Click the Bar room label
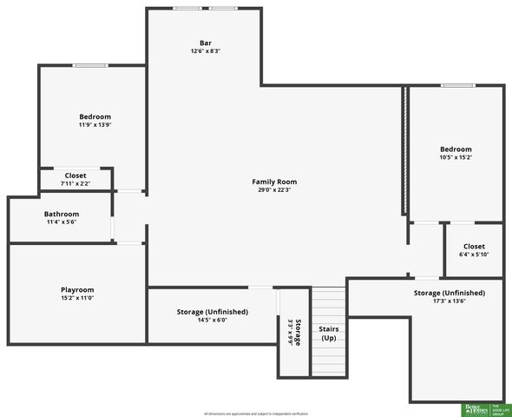tap(206, 43)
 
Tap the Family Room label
tap(274, 182)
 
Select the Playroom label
tap(77, 289)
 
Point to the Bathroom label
tap(62, 214)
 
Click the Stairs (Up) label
tap(329, 333)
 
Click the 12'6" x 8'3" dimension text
tap(206, 51)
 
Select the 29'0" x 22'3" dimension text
tap(274, 189)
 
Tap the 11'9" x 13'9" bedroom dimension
tap(95, 124)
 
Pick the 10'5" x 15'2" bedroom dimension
tap(456, 157)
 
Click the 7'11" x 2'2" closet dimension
tap(75, 183)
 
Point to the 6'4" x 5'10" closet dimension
tap(474, 254)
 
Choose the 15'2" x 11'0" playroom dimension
tap(77, 298)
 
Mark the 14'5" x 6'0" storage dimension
tap(213, 320)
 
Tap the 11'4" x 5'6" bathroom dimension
tap(62, 222)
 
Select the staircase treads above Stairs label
tap(329, 304)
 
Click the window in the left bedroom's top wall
tap(90, 65)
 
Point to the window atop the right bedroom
tap(456, 85)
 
